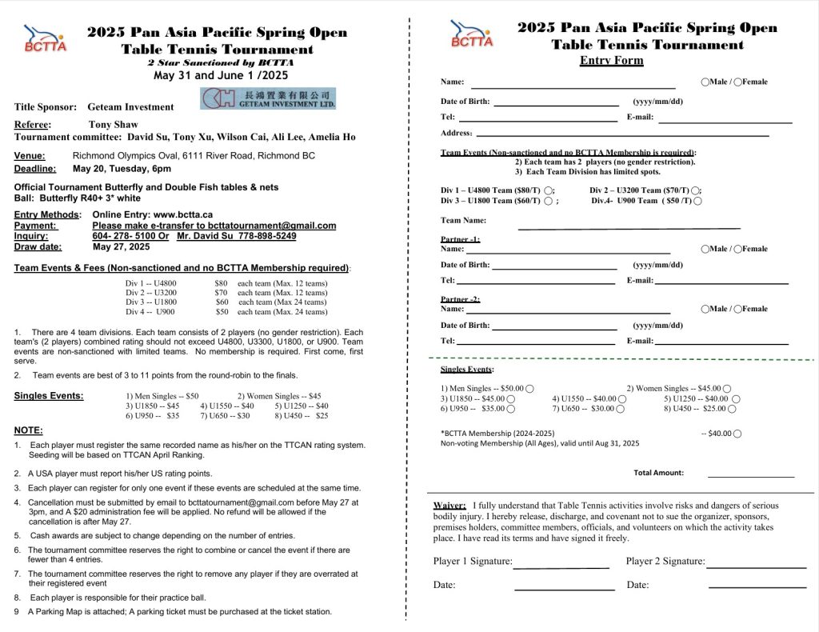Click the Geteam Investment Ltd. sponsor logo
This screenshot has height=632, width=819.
[268, 98]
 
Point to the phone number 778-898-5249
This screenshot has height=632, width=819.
[259, 236]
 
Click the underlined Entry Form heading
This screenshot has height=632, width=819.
[611, 61]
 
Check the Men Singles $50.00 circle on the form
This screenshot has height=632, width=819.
[529, 389]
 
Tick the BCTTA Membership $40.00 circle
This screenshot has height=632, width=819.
[737, 434]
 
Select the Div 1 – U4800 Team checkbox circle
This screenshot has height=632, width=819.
[548, 190]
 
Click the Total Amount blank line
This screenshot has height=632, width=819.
[750, 475]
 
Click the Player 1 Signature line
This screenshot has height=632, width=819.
[561, 566]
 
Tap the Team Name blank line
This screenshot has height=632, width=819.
[629, 227]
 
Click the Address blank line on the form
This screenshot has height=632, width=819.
[622, 135]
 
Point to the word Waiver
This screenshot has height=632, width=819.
[449, 506]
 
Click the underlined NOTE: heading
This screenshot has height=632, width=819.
[29, 430]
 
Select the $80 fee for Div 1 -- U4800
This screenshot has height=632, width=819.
[221, 283]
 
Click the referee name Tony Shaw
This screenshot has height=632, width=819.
[112, 125]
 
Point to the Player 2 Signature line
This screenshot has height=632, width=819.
[756, 566]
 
